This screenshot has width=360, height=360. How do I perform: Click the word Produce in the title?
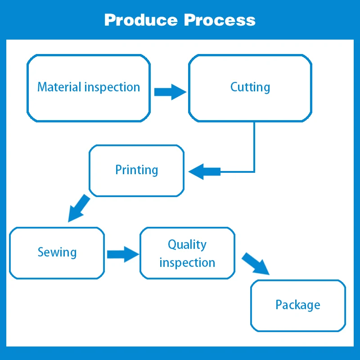point(141,20)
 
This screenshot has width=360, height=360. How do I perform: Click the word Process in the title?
point(220,20)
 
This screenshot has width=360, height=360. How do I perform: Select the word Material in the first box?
point(59,87)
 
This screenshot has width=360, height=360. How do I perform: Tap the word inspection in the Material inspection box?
point(112,88)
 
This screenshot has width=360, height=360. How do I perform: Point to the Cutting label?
point(250,88)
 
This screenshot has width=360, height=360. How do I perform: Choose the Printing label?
point(137,171)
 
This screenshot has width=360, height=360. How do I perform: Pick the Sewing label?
point(57,252)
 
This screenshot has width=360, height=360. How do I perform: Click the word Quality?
point(187,245)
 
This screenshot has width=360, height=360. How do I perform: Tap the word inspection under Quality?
point(187,263)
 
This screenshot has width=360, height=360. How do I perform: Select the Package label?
point(298,305)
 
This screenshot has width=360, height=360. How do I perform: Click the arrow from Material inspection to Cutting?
point(170,92)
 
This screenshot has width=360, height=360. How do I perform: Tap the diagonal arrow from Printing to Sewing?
point(79,208)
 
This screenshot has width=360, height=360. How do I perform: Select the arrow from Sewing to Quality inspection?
point(123,254)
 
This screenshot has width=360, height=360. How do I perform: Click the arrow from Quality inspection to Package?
point(256,264)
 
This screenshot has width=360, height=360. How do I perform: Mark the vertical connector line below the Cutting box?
point(254,147)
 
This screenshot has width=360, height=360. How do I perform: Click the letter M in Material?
point(42,87)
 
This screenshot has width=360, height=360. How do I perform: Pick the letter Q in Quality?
point(172,244)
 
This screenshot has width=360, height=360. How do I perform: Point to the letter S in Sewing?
point(40,252)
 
